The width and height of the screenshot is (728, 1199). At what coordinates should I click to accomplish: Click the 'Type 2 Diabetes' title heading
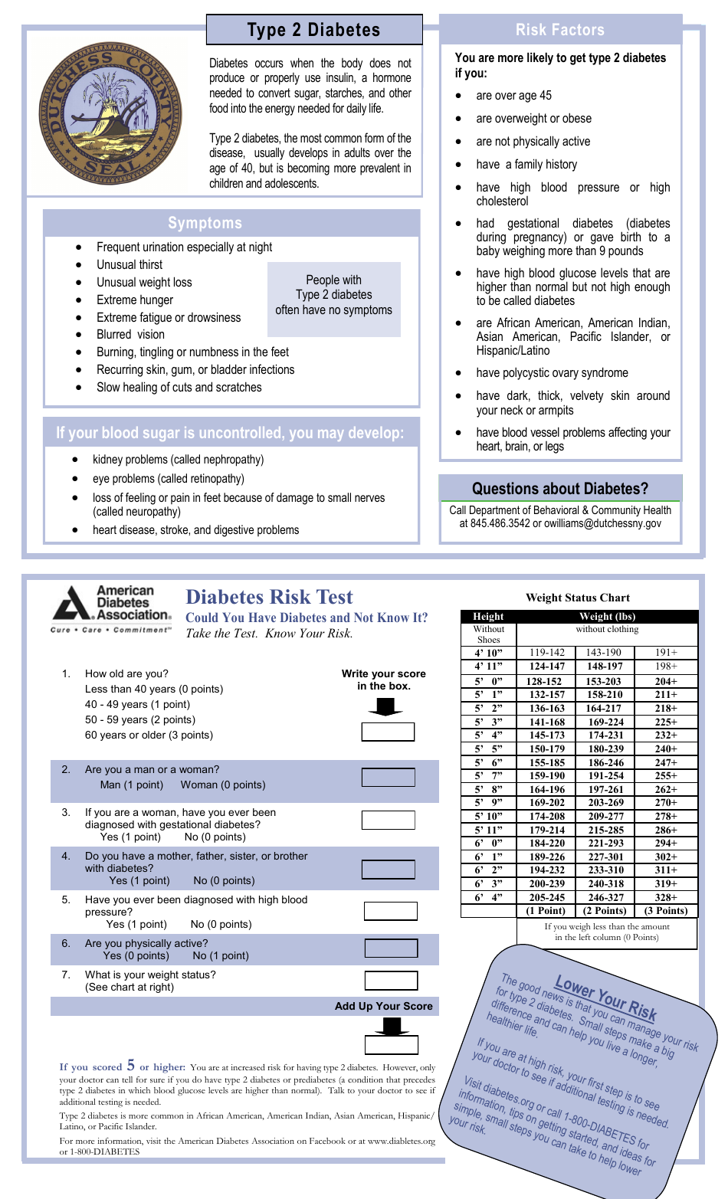coord(313,30)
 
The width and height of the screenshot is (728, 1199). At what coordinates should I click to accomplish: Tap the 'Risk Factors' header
coord(559,30)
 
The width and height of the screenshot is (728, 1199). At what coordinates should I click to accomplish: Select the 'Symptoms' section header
coord(205,223)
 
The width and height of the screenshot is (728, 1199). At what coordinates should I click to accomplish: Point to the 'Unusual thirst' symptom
coord(130,264)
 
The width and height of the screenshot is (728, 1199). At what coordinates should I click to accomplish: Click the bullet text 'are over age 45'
coord(513,96)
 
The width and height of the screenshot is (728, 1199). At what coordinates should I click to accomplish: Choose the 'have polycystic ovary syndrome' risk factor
coord(552,373)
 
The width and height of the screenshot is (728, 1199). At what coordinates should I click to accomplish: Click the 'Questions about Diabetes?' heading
coord(559,489)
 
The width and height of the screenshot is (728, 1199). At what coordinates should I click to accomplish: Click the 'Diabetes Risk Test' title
coord(269,597)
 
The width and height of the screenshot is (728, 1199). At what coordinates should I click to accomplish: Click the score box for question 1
coord(388,732)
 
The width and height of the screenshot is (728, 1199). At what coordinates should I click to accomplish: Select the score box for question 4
coord(388,870)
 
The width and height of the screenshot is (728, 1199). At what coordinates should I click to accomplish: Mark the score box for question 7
coord(391,981)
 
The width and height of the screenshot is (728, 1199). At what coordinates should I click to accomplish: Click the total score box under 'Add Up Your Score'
coord(391,1045)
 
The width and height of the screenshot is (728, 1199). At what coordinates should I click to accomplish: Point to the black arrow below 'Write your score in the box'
coord(385,706)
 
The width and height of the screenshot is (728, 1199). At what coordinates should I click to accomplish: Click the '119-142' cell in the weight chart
coord(547,653)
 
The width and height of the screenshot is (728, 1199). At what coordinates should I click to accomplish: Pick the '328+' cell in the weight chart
coord(665,897)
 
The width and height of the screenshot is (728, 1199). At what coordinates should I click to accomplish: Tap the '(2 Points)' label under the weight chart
coord(605,911)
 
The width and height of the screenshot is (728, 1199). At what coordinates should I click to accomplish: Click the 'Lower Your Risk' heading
coord(605,998)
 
